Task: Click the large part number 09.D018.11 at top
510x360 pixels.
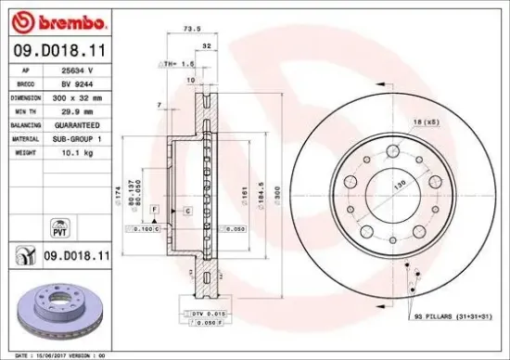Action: click(57, 48)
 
